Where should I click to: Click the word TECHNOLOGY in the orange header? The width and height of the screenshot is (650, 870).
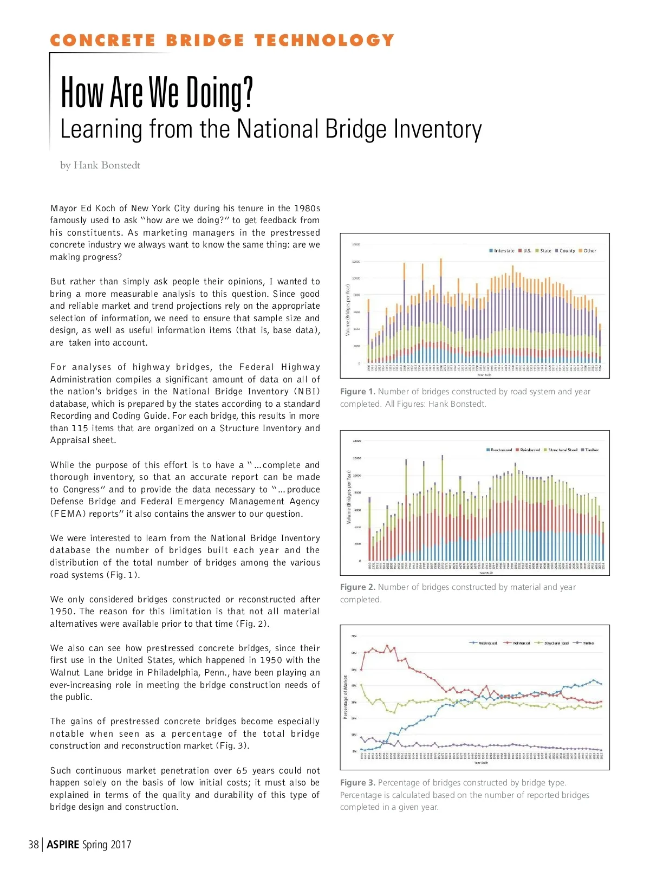tap(324, 41)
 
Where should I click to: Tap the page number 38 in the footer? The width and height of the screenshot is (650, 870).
tap(34, 845)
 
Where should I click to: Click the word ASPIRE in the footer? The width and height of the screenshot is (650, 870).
tap(63, 845)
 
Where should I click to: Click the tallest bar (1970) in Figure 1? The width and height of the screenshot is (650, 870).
tap(441, 309)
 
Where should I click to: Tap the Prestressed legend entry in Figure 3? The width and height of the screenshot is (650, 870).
tap(484, 643)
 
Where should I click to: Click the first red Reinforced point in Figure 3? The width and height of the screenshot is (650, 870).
tap(361, 670)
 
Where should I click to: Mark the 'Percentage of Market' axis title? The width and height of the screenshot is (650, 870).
tap(346, 697)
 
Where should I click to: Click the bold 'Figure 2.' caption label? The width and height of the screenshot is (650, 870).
tap(357, 587)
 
